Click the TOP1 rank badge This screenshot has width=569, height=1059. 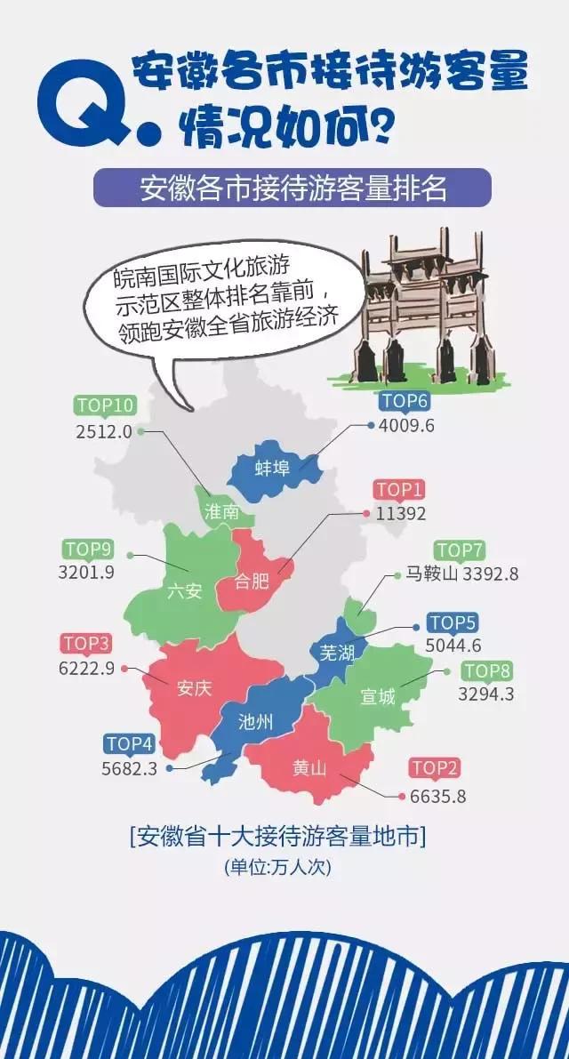pos(400,489)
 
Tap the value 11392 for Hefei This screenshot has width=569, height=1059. pos(401,514)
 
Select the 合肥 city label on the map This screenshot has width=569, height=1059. pos(252,582)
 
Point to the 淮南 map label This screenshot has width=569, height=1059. pos(221,512)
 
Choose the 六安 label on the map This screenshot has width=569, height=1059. pos(184,591)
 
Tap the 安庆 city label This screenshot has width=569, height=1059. pos(194,688)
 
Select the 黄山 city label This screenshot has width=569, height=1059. pos(309,767)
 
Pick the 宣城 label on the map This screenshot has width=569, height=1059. pos(378,696)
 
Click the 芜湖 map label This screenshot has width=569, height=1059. pos(336,654)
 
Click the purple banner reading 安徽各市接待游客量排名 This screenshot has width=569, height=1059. pos(293,189)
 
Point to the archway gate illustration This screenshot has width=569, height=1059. pos(421,307)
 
